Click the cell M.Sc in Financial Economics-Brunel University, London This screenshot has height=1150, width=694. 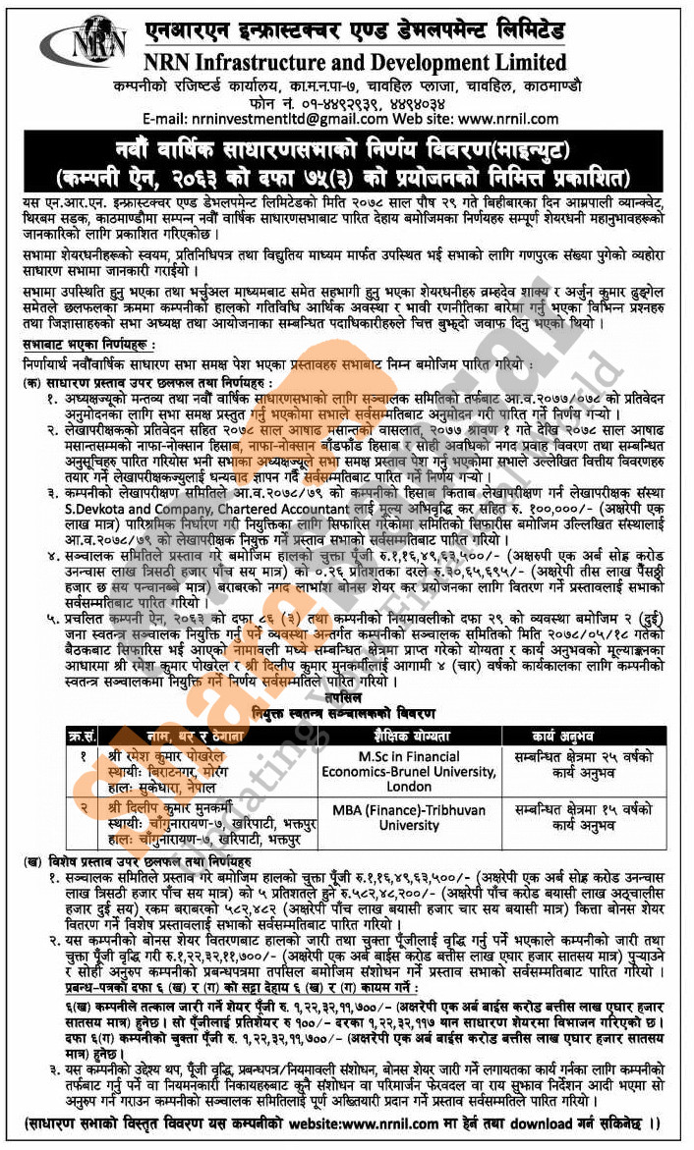coord(408,772)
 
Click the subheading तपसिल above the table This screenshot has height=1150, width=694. coord(345,700)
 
